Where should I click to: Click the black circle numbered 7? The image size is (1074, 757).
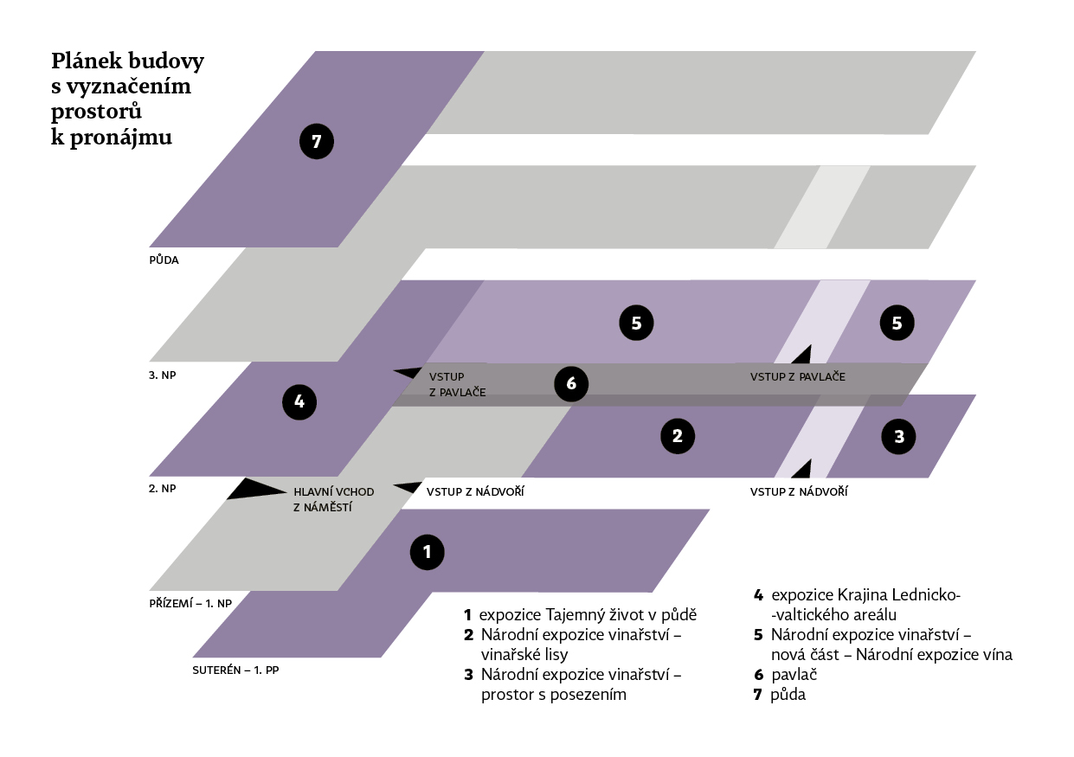pos(316,142)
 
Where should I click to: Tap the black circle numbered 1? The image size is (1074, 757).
pos(427,551)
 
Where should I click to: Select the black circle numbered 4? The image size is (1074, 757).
pos(299,401)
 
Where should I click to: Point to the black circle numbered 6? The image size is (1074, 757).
pos(570,384)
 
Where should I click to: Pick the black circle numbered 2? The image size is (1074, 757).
pos(678,436)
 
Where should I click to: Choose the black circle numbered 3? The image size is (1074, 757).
pos(899,437)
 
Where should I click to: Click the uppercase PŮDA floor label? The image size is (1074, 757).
pos(164,260)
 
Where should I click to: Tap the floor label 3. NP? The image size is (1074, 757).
pos(163,375)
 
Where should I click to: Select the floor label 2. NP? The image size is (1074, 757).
pos(163,489)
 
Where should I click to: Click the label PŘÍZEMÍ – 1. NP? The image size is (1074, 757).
pos(190,602)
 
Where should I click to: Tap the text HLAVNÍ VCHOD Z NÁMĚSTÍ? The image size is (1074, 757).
pos(333,499)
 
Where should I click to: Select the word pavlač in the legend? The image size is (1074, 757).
pos(794,675)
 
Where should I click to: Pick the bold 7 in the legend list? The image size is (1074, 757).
pos(758,694)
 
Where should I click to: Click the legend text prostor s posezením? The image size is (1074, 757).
pos(553,694)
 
